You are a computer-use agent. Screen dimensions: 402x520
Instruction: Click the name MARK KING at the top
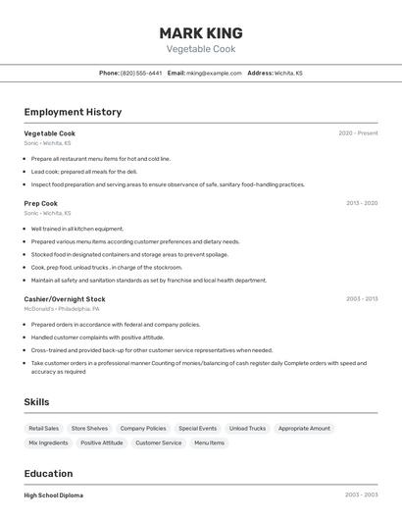(x=200, y=32)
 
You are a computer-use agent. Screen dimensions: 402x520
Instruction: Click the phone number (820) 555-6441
(x=141, y=73)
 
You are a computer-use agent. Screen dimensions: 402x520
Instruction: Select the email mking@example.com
(x=214, y=73)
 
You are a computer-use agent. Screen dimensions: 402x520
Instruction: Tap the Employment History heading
(x=73, y=112)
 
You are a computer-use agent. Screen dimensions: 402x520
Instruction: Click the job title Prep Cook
(x=41, y=203)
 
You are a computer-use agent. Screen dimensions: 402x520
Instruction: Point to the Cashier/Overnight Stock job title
(x=65, y=298)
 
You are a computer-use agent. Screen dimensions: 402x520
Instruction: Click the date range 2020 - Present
(x=358, y=133)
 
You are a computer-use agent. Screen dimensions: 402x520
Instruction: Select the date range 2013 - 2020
(x=361, y=203)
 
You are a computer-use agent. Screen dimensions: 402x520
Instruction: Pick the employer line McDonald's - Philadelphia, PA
(x=62, y=309)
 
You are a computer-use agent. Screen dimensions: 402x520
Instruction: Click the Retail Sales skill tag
(x=43, y=429)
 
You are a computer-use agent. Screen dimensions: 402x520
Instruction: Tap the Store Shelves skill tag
(x=89, y=429)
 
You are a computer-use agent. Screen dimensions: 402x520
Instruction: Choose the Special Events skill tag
(x=197, y=429)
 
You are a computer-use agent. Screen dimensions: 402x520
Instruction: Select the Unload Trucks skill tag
(x=247, y=429)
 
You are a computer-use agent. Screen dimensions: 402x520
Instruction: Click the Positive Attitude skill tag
(x=102, y=442)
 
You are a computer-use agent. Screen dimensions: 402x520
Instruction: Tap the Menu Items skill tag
(x=209, y=442)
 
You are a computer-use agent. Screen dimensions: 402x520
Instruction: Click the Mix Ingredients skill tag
(x=48, y=442)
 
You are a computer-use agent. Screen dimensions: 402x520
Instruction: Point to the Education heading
(x=48, y=473)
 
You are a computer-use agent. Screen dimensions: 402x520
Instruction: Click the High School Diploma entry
(x=54, y=495)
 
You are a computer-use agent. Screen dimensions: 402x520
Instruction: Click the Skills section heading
(x=36, y=402)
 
